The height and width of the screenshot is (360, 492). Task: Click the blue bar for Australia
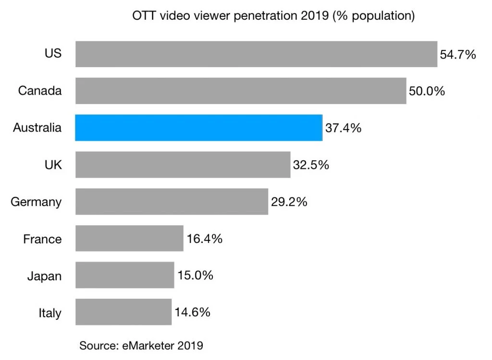click(x=198, y=128)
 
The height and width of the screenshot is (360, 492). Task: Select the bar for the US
click(x=256, y=54)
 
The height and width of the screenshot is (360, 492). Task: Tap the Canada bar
click(x=241, y=91)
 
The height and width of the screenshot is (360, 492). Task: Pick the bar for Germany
click(x=172, y=202)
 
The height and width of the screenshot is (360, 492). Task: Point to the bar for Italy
click(x=123, y=312)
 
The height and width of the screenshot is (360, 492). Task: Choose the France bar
click(x=129, y=239)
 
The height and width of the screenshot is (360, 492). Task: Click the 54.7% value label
click(x=458, y=54)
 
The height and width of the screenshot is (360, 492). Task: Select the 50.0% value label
click(x=427, y=91)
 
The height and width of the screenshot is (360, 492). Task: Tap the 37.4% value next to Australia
click(x=343, y=128)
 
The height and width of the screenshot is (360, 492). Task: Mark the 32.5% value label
click(x=311, y=165)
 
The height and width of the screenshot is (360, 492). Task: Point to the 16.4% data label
click(x=204, y=239)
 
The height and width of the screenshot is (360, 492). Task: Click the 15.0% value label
click(x=195, y=276)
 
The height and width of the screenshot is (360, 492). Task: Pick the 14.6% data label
click(x=192, y=312)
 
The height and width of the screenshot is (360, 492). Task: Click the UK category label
click(x=52, y=165)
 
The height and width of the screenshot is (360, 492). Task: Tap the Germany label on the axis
click(x=37, y=202)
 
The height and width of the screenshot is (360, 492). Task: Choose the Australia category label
click(x=37, y=128)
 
